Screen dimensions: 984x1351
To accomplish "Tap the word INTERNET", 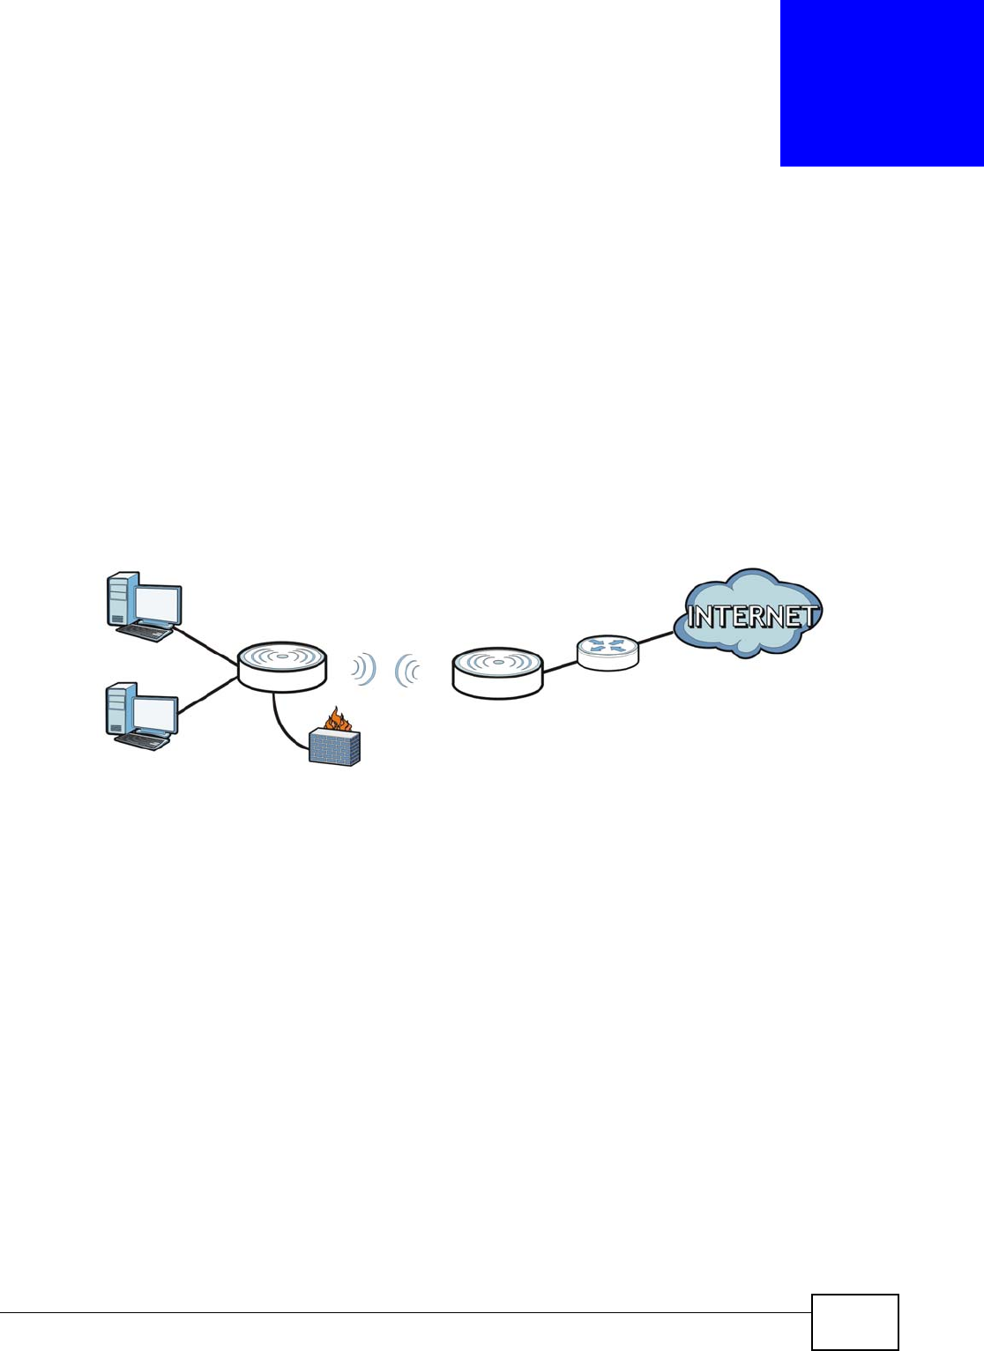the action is coord(752,616).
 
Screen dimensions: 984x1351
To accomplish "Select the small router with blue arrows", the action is coord(608,651).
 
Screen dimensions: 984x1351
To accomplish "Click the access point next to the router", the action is coord(497,672).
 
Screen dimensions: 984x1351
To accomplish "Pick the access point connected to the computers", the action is coord(282,666).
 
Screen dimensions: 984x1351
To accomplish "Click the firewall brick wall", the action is coord(334,748).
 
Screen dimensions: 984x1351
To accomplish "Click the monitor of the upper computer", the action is coord(158,605).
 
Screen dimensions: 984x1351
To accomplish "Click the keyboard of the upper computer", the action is coord(144,632).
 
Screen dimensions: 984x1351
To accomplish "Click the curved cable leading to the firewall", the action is coord(285,723).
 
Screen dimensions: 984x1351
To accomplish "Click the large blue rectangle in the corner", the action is coord(882,83).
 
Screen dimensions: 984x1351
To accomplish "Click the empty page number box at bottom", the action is coord(854,1321).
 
